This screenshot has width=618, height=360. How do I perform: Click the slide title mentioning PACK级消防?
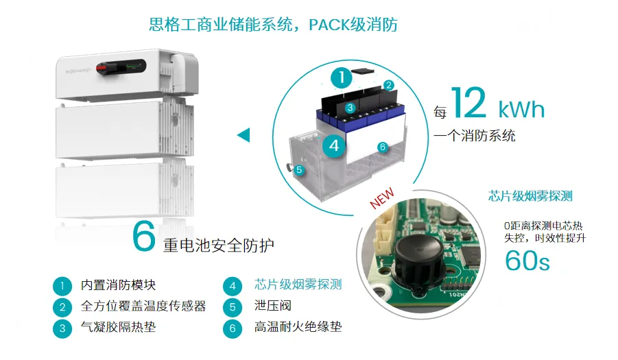coord(273,25)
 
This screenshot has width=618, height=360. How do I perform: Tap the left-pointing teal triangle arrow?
coord(244,135)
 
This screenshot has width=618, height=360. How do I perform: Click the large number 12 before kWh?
coord(468,103)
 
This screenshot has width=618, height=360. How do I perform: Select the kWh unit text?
coord(521,109)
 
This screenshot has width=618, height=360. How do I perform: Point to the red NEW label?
coord(381,197)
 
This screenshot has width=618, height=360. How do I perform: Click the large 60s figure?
coord(527,261)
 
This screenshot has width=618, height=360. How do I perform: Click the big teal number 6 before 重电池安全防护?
coord(143,237)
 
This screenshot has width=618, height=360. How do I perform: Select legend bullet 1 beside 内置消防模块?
coord(62,286)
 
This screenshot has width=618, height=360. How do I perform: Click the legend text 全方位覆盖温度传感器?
coord(143,306)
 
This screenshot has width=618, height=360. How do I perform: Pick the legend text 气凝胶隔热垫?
coord(118,327)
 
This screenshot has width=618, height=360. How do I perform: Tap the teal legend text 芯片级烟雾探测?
coord(298,285)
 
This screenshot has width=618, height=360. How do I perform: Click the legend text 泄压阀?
coord(273,306)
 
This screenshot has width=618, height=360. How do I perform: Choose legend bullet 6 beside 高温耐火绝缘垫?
coord(233,328)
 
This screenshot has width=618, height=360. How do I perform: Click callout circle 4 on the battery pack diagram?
coord(334,146)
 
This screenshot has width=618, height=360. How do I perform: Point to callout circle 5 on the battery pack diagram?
coord(299,170)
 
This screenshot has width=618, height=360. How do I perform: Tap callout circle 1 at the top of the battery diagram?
coord(342,77)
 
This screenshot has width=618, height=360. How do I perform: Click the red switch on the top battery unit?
coord(102,68)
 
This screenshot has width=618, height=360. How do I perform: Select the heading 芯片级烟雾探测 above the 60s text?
coord(530,196)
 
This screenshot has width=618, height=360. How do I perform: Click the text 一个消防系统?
coord(475,136)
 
